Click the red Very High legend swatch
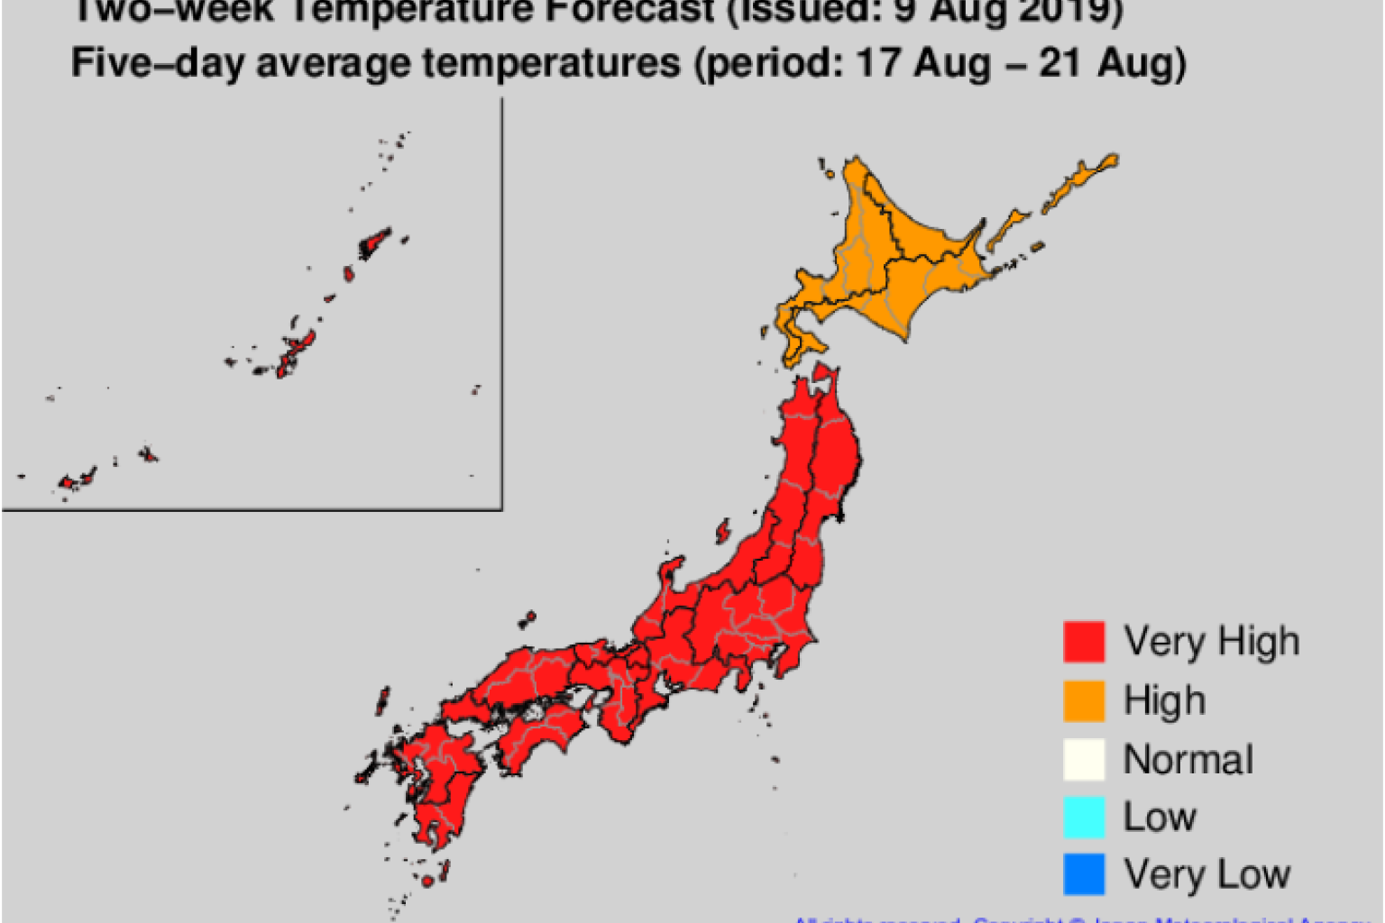pos(1083,641)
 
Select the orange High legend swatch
pos(1083,700)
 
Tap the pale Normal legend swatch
pos(1083,759)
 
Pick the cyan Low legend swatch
pos(1083,817)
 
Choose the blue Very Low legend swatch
pos(1083,874)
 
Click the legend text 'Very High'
pos(1211,642)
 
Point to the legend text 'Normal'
pos(1188,760)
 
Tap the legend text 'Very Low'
pos(1206,874)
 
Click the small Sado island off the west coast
pos(722,530)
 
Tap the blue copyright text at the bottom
pos(1082,918)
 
